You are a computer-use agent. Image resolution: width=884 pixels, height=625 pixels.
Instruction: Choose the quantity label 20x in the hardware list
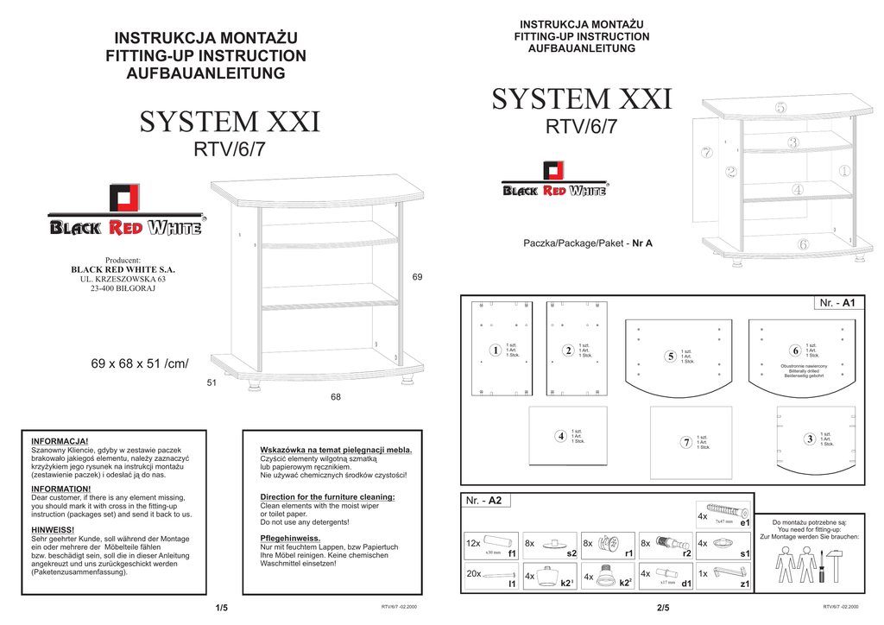[x=473, y=574]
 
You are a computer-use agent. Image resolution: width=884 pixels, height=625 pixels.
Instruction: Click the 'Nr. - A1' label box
[x=837, y=303]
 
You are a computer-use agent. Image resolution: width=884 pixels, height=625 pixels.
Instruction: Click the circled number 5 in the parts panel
[x=670, y=357]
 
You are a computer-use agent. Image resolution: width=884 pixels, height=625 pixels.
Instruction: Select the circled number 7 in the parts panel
[x=685, y=442]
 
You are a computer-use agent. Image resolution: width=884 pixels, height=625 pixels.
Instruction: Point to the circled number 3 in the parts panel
[x=809, y=439]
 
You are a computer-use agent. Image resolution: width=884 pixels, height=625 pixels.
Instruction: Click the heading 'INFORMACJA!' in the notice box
[x=60, y=441]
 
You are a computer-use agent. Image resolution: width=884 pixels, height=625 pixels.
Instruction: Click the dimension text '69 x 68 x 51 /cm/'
[x=139, y=364]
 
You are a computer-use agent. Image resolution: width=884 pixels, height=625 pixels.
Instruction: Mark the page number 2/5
[x=663, y=608]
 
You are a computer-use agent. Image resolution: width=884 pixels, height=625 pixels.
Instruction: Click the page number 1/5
[x=222, y=608]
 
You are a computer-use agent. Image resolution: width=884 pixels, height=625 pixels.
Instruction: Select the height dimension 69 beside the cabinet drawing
[x=417, y=277]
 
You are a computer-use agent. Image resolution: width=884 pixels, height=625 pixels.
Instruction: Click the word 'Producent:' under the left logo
[x=123, y=260]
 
